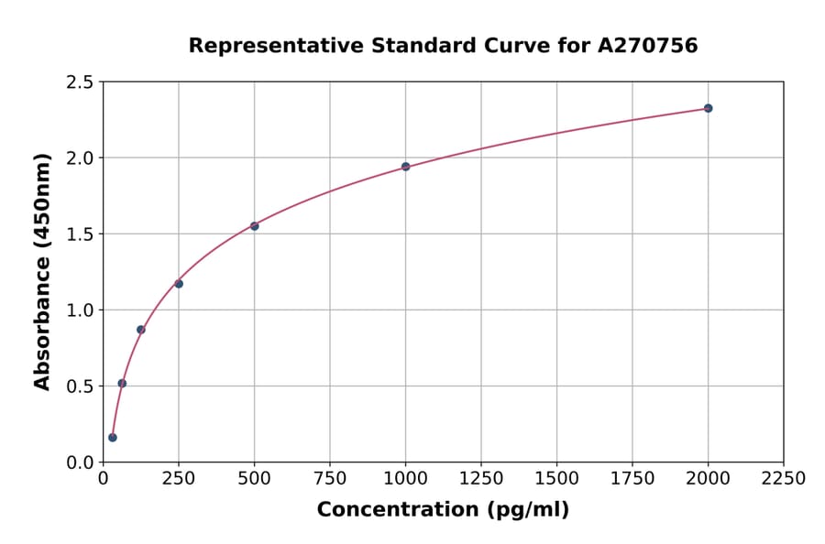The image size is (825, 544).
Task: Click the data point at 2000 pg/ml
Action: click(708, 108)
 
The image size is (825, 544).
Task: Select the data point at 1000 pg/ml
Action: click(405, 167)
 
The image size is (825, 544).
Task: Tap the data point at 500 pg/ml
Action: click(254, 226)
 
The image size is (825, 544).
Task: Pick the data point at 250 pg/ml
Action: click(179, 284)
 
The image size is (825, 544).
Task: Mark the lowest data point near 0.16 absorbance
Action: click(113, 438)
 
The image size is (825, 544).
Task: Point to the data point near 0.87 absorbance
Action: click(141, 330)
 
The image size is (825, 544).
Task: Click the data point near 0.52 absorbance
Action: click(122, 384)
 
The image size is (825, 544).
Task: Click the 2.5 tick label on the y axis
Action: click(79, 82)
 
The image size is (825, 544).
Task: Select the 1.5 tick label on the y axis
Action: click(79, 234)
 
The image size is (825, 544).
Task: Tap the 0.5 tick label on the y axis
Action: click(79, 386)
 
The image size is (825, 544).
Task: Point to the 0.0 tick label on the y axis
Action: click(79, 462)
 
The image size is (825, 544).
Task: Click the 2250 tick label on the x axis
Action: click(783, 479)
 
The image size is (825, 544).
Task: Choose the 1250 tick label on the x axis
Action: click(481, 479)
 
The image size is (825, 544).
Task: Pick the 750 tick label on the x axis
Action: click(330, 479)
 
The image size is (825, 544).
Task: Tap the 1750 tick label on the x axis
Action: click(632, 479)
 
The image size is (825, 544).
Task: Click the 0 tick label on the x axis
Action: click(103, 479)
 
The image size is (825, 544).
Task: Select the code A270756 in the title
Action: click(648, 46)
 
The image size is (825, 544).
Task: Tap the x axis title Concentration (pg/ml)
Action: click(443, 510)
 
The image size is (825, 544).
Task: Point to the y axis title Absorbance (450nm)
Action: click(42, 271)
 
